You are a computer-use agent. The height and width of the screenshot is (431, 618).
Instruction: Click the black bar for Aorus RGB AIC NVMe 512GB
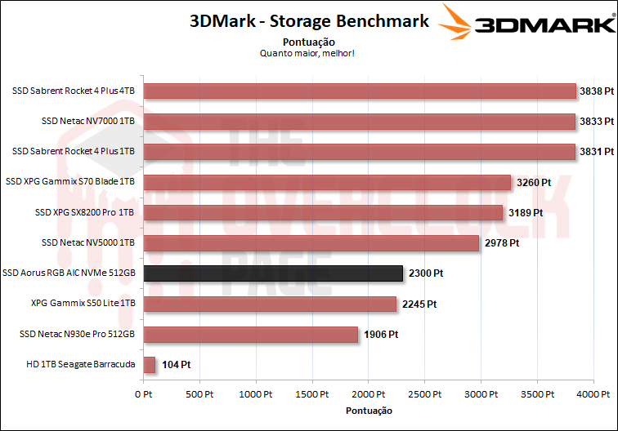[273, 273]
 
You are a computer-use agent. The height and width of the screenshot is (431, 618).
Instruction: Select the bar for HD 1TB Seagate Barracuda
[150, 365]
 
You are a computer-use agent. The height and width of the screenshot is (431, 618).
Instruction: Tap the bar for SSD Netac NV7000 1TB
[360, 121]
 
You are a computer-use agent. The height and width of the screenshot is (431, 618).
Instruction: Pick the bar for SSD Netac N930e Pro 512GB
[251, 335]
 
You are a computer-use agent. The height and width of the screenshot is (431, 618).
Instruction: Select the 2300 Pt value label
[427, 273]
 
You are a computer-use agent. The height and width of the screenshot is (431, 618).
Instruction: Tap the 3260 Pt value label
[535, 182]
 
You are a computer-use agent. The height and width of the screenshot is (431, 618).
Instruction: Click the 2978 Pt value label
[502, 242]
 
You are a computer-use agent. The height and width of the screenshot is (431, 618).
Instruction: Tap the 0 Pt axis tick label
[144, 394]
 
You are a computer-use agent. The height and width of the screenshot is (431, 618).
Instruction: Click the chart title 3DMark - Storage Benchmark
[309, 21]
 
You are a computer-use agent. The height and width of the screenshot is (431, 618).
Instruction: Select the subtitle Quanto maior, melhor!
[307, 54]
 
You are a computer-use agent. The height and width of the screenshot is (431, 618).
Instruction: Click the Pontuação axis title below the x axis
[369, 410]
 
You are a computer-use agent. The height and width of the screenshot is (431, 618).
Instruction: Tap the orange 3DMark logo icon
[455, 22]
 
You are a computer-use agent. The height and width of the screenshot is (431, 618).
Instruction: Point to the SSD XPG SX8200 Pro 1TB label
[85, 212]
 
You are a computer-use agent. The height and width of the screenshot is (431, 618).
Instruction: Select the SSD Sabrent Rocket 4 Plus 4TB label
[74, 91]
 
